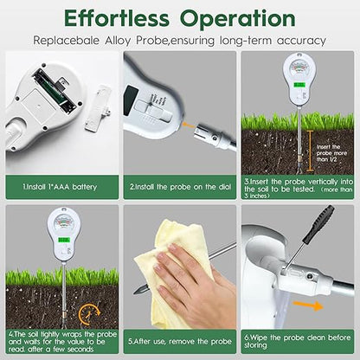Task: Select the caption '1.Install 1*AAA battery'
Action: (x=59, y=185)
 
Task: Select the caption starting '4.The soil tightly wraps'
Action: (x=59, y=338)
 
